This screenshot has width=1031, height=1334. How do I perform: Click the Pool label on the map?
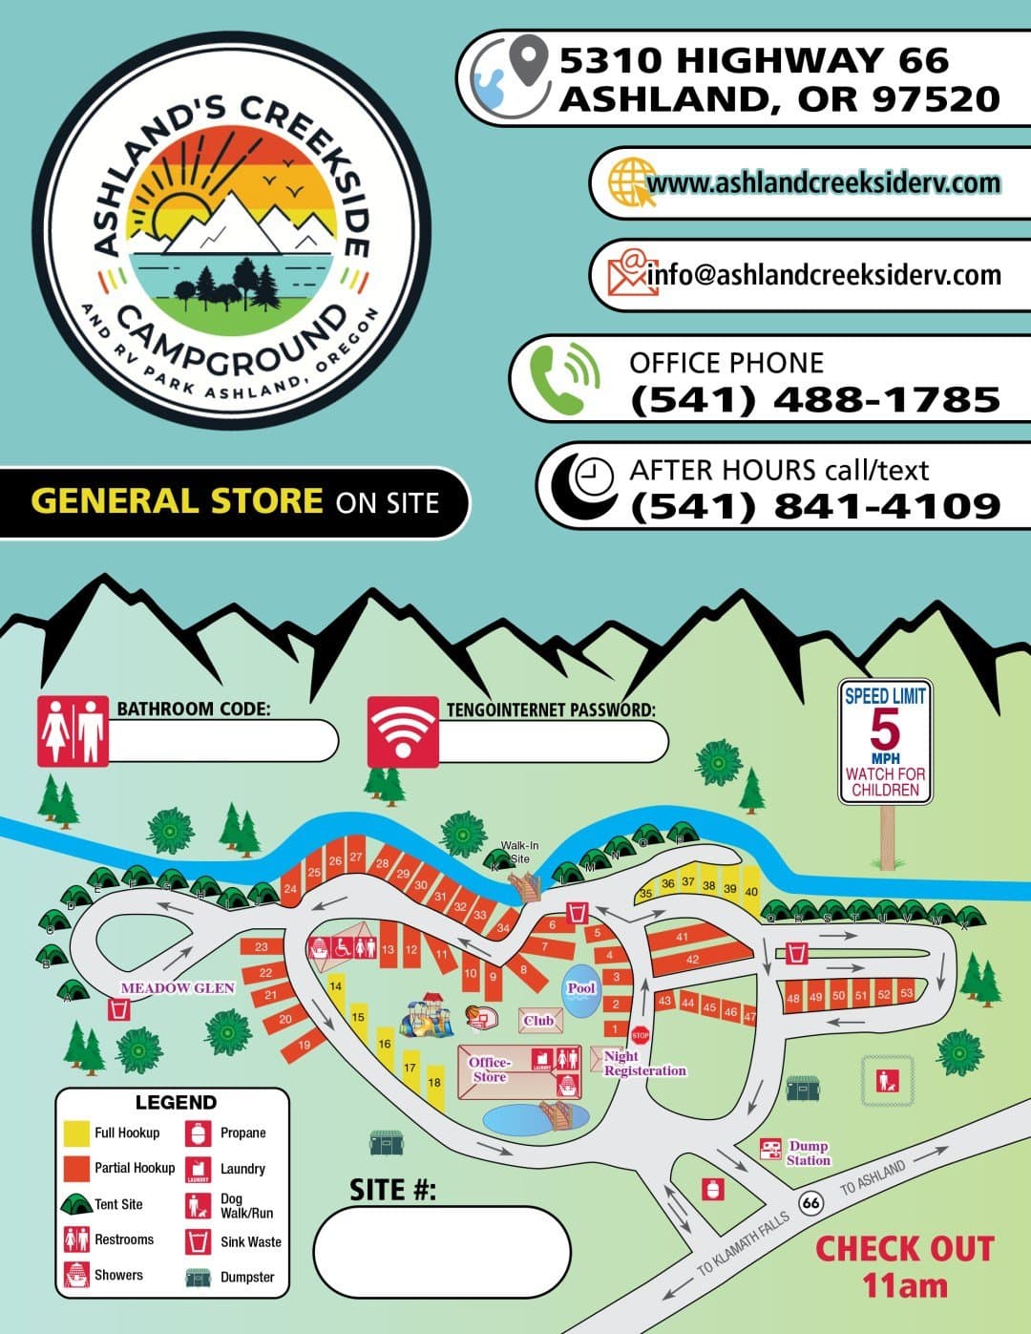pyautogui.click(x=580, y=988)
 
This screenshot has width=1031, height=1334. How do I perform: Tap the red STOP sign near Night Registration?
pyautogui.click(x=641, y=1034)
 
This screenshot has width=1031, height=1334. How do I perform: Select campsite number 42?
pyautogui.click(x=692, y=960)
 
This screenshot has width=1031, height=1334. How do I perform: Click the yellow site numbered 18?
pyautogui.click(x=434, y=1082)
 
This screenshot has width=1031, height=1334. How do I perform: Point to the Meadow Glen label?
pyautogui.click(x=178, y=987)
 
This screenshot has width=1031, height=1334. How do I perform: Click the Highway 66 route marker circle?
pyautogui.click(x=811, y=1202)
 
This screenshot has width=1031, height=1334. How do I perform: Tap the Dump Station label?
pyautogui.click(x=808, y=1153)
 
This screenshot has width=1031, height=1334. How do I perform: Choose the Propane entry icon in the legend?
pyautogui.click(x=199, y=1133)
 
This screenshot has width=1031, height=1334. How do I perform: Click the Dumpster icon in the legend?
pyautogui.click(x=198, y=1277)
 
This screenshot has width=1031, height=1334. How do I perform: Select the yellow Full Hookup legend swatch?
pyautogui.click(x=76, y=1133)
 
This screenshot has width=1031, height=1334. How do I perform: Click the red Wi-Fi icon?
pyautogui.click(x=403, y=732)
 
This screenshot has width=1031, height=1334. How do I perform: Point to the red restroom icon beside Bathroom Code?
pyautogui.click(x=73, y=731)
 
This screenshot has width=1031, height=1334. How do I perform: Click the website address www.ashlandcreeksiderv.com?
pyautogui.click(x=823, y=182)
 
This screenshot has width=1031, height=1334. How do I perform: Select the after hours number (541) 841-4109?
pyautogui.click(x=815, y=505)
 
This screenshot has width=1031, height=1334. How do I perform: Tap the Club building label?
pyautogui.click(x=538, y=1020)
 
